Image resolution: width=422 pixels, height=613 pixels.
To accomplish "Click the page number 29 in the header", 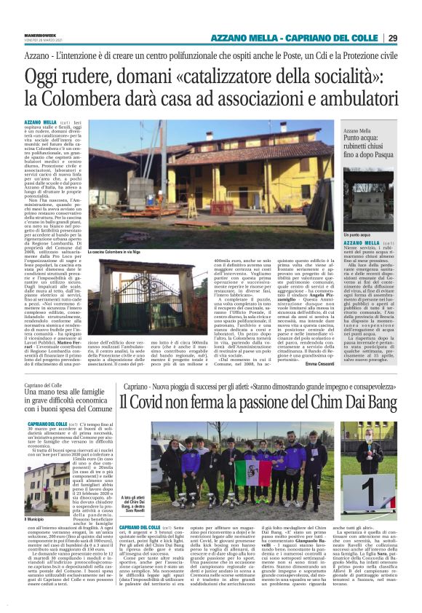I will pos(413,38).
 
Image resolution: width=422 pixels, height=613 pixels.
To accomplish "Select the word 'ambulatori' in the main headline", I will pos(355,98).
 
